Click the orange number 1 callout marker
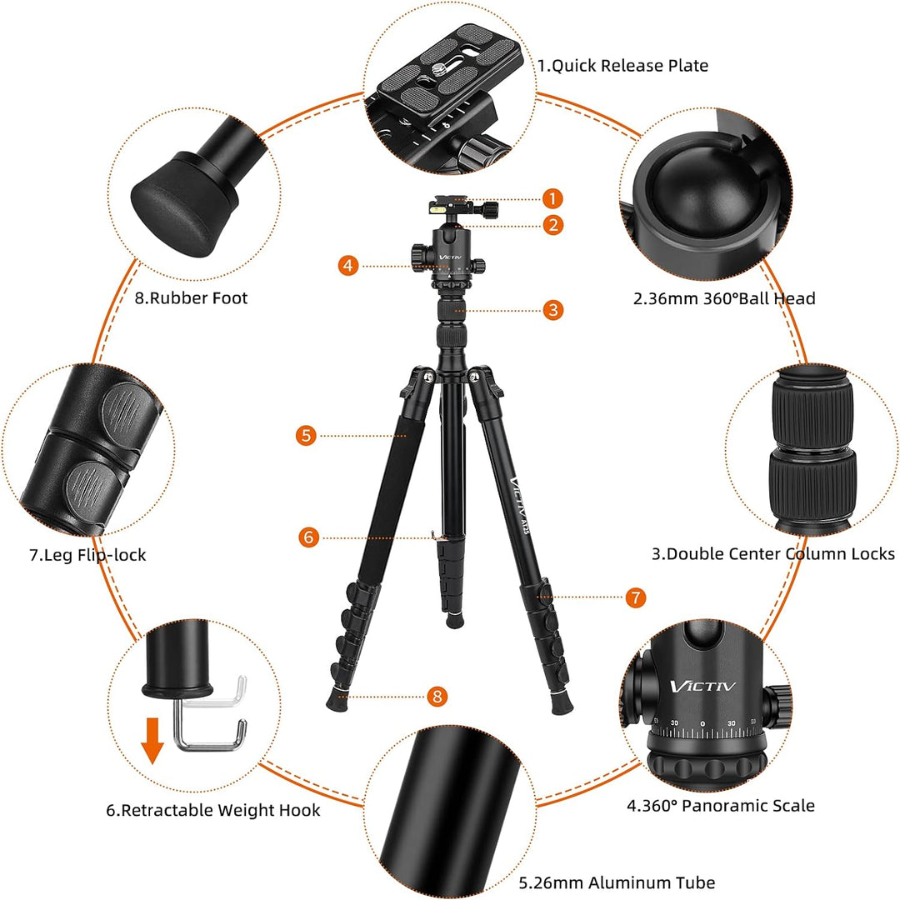point(552,198)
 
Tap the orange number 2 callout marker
point(552,225)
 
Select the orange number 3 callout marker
point(552,310)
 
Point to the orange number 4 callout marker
point(348,266)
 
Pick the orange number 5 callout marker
point(306,435)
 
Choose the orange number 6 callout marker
point(309,537)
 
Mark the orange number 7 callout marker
point(635,597)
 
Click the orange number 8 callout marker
point(437,697)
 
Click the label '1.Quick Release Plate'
point(622,66)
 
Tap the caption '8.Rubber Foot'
point(191,297)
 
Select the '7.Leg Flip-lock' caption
point(87,555)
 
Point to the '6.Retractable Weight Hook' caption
point(213,810)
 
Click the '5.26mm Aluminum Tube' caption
point(617,882)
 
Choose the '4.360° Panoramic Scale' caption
point(720,805)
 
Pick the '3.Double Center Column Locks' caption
point(773,554)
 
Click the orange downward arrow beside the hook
point(152,741)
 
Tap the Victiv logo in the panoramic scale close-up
point(702,686)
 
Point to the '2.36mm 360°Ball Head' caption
point(724,298)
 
